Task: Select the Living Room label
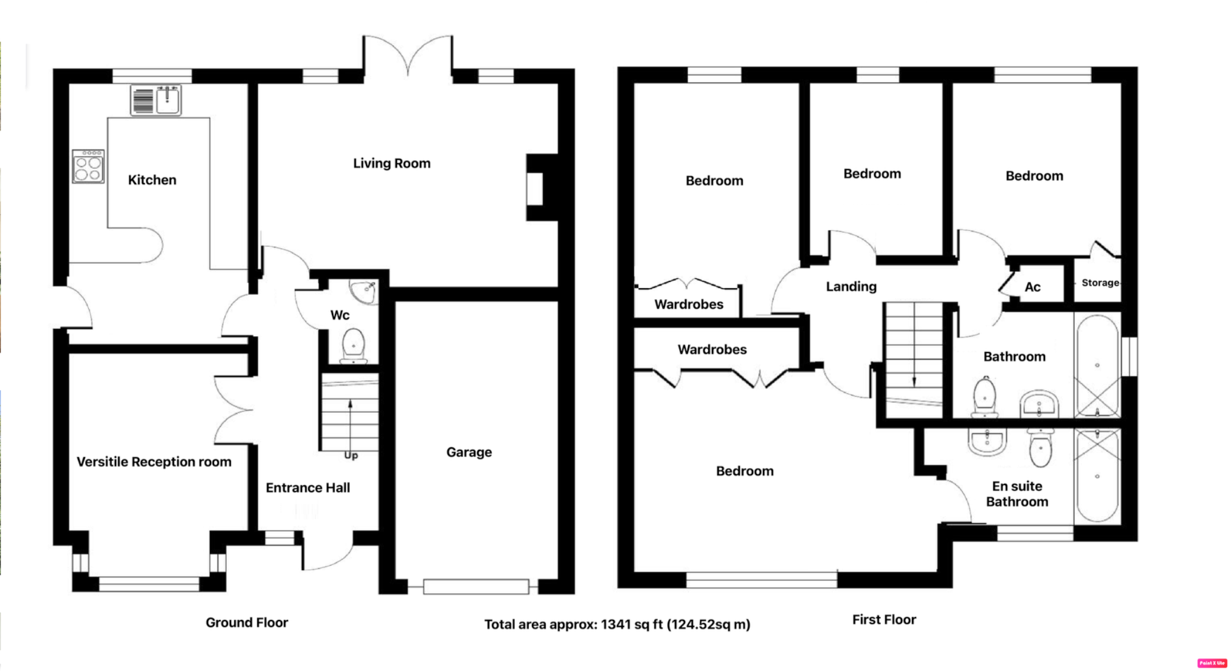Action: pos(391,163)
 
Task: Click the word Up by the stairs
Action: pos(351,455)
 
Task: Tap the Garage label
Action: pos(469,452)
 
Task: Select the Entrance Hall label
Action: pos(308,487)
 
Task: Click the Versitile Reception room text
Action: pos(154,462)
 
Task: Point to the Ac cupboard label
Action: pos(1032,287)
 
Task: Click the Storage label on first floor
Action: pos(1100,283)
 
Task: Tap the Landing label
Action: pos(850,286)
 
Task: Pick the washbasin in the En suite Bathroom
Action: pos(987,441)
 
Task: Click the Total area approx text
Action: pos(616,624)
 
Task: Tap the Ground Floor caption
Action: pos(246,622)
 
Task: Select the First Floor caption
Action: pos(883,619)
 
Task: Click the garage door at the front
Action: pos(475,587)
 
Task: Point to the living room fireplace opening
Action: pos(535,189)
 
